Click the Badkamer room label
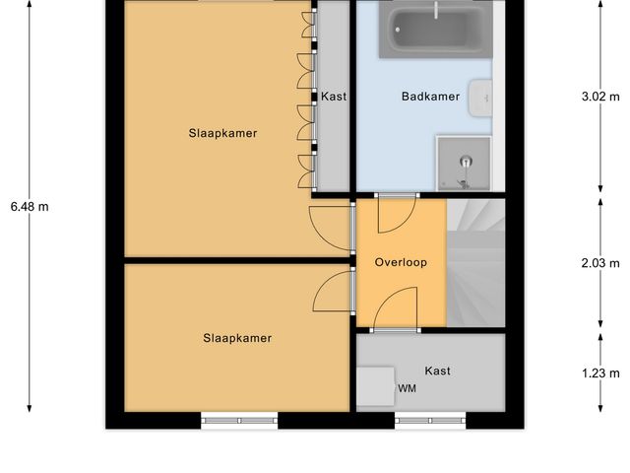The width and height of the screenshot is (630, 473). (430, 97)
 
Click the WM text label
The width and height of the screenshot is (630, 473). (407, 388)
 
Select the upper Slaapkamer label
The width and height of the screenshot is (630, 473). (222, 133)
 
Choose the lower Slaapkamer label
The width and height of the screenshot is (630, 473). (237, 338)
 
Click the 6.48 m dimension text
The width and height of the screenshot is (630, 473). (30, 207)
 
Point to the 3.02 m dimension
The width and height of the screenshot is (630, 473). (601, 97)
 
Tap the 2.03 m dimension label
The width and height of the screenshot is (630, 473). (601, 263)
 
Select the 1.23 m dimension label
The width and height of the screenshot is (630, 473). (601, 372)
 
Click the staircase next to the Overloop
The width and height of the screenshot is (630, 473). (475, 263)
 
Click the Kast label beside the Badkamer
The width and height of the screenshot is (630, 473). (334, 97)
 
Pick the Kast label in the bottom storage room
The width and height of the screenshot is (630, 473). (438, 371)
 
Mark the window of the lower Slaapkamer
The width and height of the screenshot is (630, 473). (239, 421)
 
